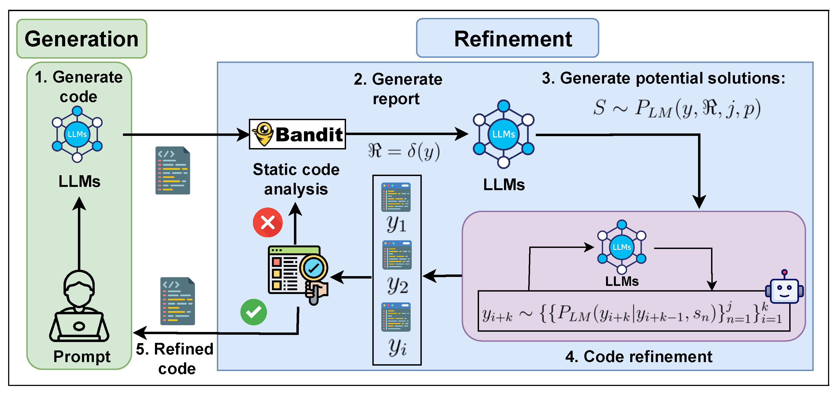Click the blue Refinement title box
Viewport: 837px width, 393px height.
(x=507, y=38)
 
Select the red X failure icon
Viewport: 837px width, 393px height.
(x=268, y=222)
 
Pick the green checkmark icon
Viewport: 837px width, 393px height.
(x=253, y=312)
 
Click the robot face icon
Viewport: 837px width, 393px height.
(x=784, y=289)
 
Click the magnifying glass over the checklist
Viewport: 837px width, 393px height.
(x=313, y=269)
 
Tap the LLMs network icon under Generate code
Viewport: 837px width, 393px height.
(x=77, y=134)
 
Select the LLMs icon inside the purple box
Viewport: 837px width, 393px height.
(x=621, y=247)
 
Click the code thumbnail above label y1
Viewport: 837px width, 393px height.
(x=396, y=197)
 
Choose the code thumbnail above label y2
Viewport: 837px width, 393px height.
(x=397, y=255)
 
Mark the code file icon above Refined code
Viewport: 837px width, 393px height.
(x=177, y=301)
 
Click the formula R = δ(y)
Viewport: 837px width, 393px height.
(x=404, y=151)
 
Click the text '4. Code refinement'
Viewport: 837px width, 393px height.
(x=639, y=357)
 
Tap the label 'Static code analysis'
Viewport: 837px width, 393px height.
(x=296, y=179)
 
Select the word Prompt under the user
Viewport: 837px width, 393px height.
(x=82, y=357)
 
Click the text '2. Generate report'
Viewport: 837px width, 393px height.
(x=398, y=89)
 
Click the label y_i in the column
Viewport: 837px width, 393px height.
(x=397, y=347)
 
